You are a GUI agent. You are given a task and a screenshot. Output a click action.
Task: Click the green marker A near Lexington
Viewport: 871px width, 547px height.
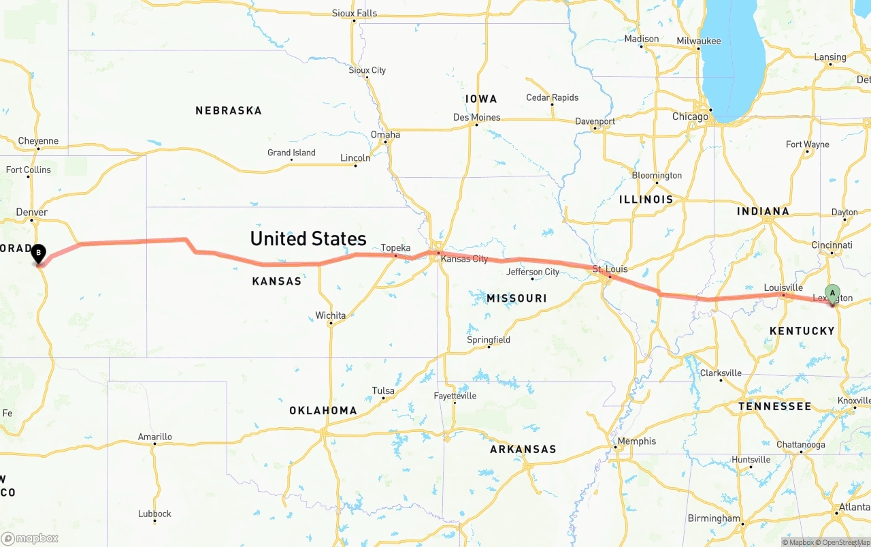coord(832,294)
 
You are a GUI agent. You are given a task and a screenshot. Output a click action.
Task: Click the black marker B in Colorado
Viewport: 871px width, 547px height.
coord(39,254)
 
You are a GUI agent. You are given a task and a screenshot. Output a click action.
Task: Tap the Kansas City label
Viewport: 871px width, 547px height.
coord(464,259)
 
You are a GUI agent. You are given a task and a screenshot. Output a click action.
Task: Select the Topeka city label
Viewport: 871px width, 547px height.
coord(395,247)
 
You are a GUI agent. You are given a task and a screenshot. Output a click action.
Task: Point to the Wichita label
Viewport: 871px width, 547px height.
coord(330,315)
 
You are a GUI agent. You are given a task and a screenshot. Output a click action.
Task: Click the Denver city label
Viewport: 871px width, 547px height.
coord(32,213)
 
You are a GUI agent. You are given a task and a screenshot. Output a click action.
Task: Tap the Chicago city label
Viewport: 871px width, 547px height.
coord(690,116)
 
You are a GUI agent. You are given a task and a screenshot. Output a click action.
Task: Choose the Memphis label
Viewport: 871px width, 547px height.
coord(636,441)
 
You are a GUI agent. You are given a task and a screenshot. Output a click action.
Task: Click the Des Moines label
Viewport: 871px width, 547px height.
coord(476,117)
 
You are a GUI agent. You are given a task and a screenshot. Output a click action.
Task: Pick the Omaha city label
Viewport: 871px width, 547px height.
coord(385,134)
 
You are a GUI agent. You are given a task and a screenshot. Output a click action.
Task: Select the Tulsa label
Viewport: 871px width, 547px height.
coord(383,391)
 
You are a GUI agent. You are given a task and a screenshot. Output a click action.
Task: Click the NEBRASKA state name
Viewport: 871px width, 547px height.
coord(229,110)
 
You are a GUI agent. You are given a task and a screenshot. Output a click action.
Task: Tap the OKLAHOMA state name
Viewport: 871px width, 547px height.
coord(323,410)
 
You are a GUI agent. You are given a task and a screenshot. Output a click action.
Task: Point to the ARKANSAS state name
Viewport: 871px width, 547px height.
coord(523,449)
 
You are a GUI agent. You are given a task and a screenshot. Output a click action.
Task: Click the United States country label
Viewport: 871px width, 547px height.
coord(308,238)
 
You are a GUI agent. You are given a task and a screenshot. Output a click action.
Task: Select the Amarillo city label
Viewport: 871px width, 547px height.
coord(155,437)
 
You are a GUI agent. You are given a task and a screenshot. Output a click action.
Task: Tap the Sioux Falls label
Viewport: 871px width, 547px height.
coord(354,14)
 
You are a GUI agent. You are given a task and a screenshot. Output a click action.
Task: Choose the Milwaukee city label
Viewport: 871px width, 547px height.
coord(698,41)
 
